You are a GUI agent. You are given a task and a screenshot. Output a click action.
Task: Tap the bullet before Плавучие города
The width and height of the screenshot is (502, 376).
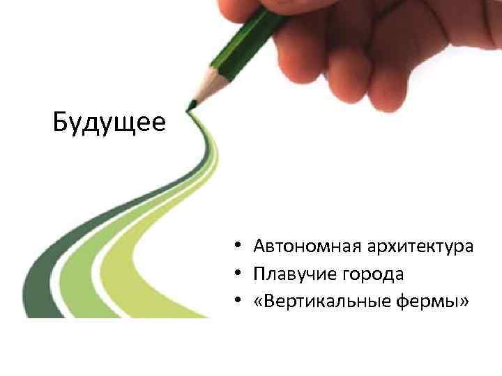click(238, 274)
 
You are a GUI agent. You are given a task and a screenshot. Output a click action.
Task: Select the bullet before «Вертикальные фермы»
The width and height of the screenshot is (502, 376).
click(238, 301)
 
